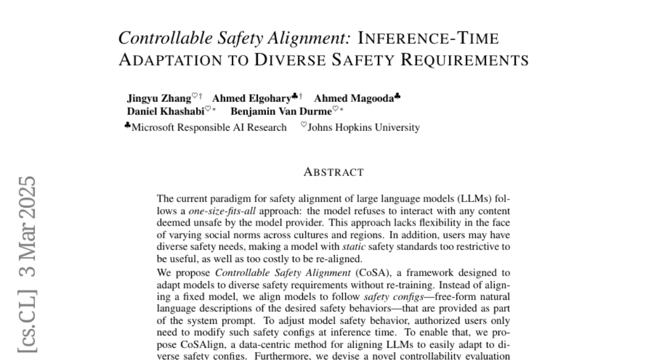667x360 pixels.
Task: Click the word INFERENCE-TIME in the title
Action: (428, 38)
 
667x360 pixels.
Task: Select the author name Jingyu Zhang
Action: (159, 99)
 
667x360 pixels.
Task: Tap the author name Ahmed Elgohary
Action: (251, 99)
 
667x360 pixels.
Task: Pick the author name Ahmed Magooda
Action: (354, 99)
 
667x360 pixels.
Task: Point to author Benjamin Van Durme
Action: (281, 111)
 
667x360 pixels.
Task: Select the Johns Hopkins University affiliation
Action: (364, 128)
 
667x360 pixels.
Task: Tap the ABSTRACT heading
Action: (333, 172)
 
